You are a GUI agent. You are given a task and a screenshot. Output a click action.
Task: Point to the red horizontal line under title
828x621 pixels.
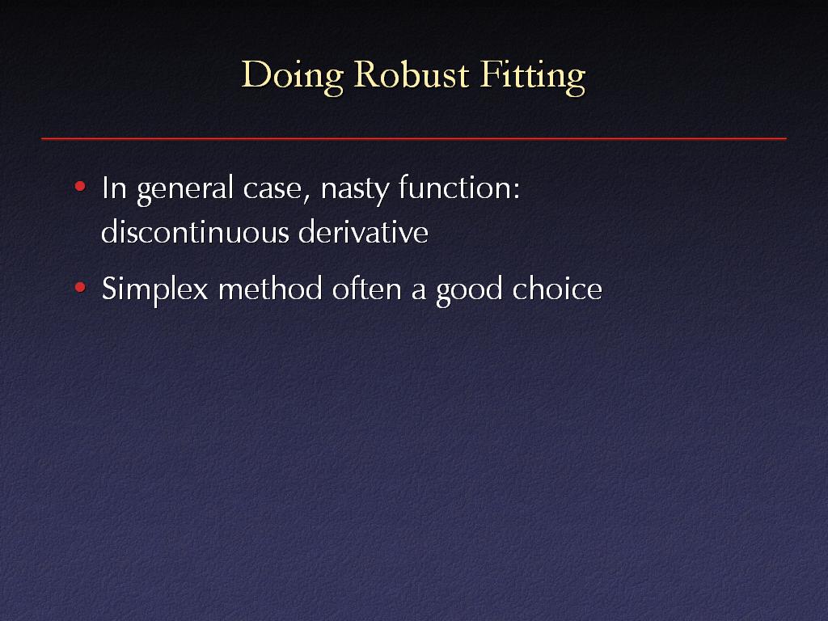(x=414, y=138)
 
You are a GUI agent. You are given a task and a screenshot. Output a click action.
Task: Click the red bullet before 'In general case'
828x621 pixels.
(x=80, y=186)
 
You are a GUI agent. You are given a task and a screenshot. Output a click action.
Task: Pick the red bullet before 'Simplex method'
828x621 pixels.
(x=80, y=287)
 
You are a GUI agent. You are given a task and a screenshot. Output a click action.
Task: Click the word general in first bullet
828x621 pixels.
(x=185, y=189)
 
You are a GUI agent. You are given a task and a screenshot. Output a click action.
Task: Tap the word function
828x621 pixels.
(x=455, y=187)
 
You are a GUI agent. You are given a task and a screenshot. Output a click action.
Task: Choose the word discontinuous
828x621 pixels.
(x=195, y=231)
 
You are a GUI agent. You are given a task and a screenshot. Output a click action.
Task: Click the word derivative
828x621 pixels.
(x=363, y=231)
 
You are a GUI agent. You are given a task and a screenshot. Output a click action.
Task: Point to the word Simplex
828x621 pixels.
(x=154, y=291)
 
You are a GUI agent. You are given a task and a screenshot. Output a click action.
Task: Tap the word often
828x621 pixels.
(x=366, y=289)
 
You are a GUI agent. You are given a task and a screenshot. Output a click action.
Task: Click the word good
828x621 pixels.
(x=469, y=291)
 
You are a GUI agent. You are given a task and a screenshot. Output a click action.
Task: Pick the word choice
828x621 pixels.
(x=557, y=289)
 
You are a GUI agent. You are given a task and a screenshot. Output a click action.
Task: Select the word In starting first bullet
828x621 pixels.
(x=114, y=188)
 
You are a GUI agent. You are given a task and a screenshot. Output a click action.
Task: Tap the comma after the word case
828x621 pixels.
(x=306, y=199)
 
